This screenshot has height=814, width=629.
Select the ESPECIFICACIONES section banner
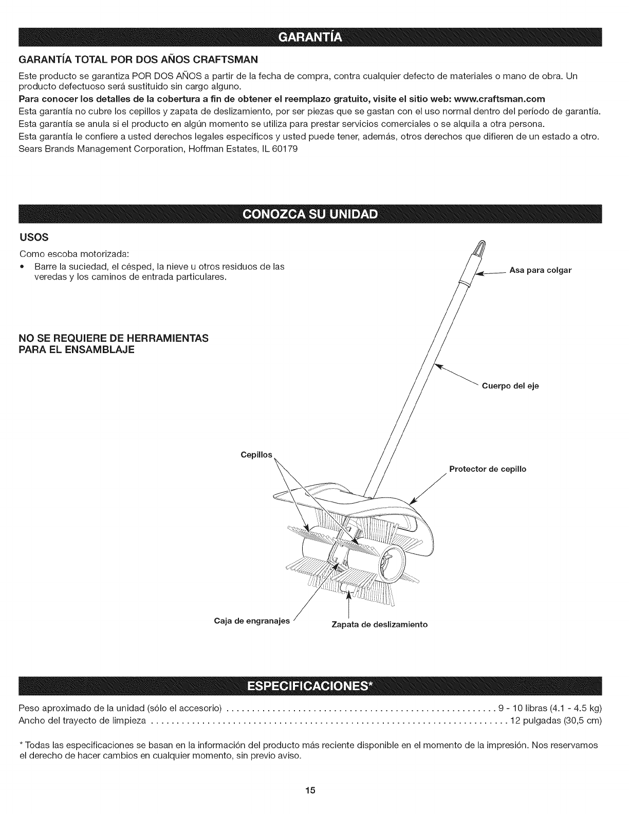314,687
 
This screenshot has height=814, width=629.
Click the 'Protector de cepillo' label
487,469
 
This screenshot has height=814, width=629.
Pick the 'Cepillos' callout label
256,455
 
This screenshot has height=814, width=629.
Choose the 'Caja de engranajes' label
252,622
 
